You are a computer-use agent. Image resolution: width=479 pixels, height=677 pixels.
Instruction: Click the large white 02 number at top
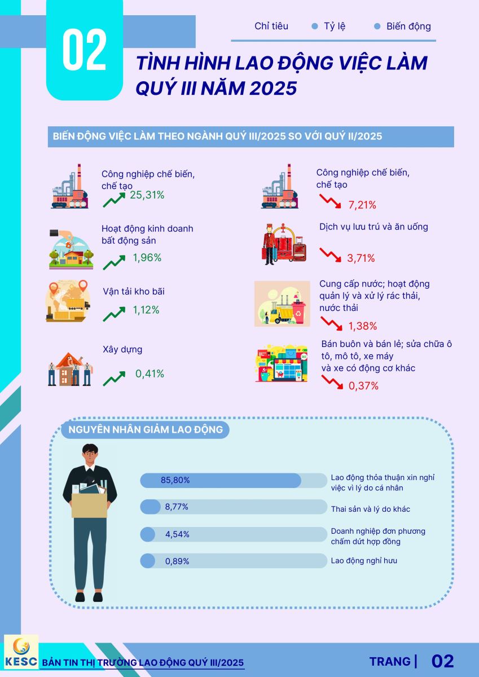point(84,50)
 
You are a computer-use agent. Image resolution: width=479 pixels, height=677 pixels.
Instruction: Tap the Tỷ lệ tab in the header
point(335,27)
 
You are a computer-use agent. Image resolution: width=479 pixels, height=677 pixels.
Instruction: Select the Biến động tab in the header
point(408,27)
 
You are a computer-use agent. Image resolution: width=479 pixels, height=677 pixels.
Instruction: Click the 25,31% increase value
point(147,195)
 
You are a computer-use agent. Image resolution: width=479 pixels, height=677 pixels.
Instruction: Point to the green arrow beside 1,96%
point(114,261)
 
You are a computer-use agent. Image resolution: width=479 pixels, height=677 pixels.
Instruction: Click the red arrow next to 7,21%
point(331,203)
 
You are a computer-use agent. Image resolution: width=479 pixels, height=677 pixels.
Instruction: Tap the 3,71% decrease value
point(361,258)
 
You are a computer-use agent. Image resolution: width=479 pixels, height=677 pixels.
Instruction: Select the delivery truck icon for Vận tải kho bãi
point(68,301)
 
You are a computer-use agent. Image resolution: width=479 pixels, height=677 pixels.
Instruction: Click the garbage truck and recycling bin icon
point(283,304)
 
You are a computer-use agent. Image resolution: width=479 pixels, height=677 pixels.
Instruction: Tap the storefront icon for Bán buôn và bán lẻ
point(282,364)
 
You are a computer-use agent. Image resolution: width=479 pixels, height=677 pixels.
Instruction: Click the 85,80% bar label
point(175,480)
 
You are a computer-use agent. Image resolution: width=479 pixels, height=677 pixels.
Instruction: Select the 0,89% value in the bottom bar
point(177,561)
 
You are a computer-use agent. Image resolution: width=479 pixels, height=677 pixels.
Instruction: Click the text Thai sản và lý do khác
point(370,509)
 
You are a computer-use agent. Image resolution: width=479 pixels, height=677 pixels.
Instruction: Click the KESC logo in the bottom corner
point(21,652)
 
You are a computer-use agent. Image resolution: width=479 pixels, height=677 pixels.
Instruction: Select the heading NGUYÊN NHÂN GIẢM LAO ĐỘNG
point(145,430)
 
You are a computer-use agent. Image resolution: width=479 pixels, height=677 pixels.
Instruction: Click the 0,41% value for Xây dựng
point(150,373)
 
